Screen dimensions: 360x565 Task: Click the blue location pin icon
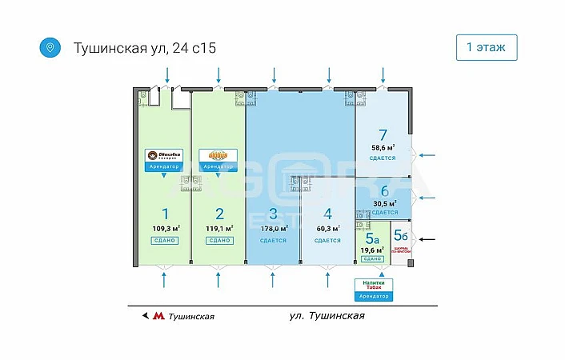50,48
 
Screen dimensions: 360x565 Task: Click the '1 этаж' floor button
486,48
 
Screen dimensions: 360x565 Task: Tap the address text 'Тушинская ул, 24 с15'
144,49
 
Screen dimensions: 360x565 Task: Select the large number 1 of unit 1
165,214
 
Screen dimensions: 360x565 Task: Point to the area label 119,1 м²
218,228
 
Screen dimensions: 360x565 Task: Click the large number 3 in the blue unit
273,214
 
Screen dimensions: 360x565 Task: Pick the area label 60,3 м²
327,228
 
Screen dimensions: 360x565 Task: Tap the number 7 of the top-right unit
383,135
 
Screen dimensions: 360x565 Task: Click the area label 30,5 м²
384,203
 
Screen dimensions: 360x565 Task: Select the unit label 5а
371,238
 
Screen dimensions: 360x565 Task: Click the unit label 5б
400,236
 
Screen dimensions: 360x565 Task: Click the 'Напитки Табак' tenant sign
375,285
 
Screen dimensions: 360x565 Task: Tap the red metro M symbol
158,316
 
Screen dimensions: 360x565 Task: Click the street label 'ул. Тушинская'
327,316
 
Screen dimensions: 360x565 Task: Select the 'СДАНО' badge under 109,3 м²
165,240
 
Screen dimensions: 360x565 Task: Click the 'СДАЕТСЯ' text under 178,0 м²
273,240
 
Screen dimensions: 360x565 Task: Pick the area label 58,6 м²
383,148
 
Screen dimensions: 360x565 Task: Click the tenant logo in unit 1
164,155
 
